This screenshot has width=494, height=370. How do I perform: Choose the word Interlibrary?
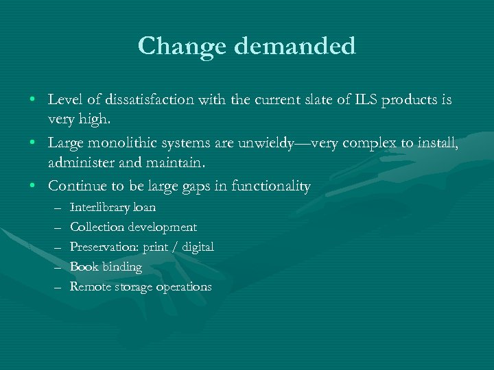tap(102, 207)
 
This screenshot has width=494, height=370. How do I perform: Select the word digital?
tap(197, 247)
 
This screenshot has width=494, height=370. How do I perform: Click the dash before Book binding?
tap(56, 267)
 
